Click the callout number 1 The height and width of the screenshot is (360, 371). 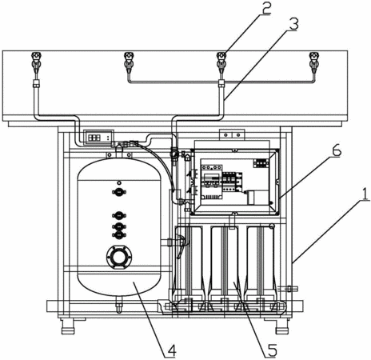point(365,194)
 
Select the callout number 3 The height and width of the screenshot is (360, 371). point(293,25)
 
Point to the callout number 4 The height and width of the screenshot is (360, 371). point(170,350)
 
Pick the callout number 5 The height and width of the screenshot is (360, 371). point(270,350)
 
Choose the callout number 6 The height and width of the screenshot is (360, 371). point(335,151)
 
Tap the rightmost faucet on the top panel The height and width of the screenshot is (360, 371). point(314,63)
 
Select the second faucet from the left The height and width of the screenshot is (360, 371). point(129,63)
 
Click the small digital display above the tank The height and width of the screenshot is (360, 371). point(98,138)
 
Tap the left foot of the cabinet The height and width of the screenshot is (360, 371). point(69,326)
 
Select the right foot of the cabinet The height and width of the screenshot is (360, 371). point(281,326)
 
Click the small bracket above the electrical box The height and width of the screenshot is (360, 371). point(232,135)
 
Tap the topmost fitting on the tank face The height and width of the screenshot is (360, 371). point(119,182)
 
